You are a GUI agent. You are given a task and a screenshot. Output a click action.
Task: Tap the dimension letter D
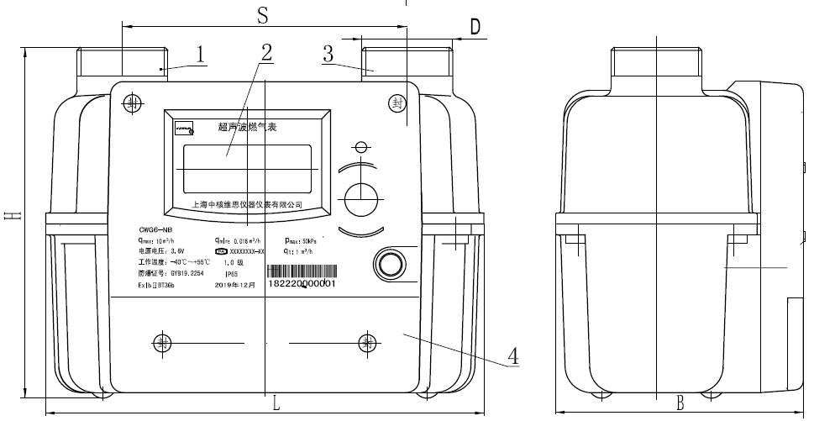tap(475, 27)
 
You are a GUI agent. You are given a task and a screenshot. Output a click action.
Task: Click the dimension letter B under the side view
tap(681, 403)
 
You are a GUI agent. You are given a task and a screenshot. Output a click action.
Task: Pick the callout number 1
tap(200, 55)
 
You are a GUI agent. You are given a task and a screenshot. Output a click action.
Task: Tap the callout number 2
tap(265, 52)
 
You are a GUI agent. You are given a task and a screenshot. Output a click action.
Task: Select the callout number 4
tap(512, 355)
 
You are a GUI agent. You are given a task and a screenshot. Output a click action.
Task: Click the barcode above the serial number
tap(302, 272)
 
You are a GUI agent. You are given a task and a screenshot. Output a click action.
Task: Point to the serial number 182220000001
tap(302, 285)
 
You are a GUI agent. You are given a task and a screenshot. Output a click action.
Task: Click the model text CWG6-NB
tap(156, 229)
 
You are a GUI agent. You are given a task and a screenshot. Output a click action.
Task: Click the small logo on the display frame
tap(184, 129)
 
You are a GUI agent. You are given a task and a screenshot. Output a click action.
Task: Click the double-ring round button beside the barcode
tap(390, 263)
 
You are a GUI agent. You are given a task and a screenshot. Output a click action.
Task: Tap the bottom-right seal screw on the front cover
tap(367, 342)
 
